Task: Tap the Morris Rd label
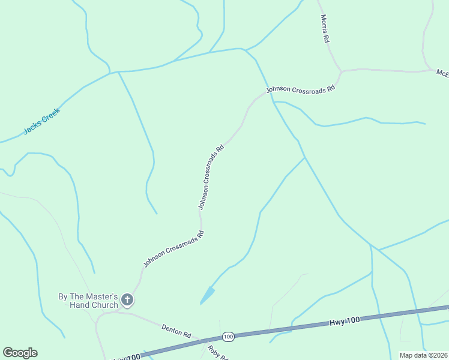325,28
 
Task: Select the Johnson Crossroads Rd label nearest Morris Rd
300,89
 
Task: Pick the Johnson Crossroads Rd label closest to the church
174,249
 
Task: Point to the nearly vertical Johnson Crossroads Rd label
211,176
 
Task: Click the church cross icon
127,299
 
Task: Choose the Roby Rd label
218,353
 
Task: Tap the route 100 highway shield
228,337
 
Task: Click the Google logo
20,353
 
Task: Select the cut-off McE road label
442,73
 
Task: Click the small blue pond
207,295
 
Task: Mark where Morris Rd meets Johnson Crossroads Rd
341,72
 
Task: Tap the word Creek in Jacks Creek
50,115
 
